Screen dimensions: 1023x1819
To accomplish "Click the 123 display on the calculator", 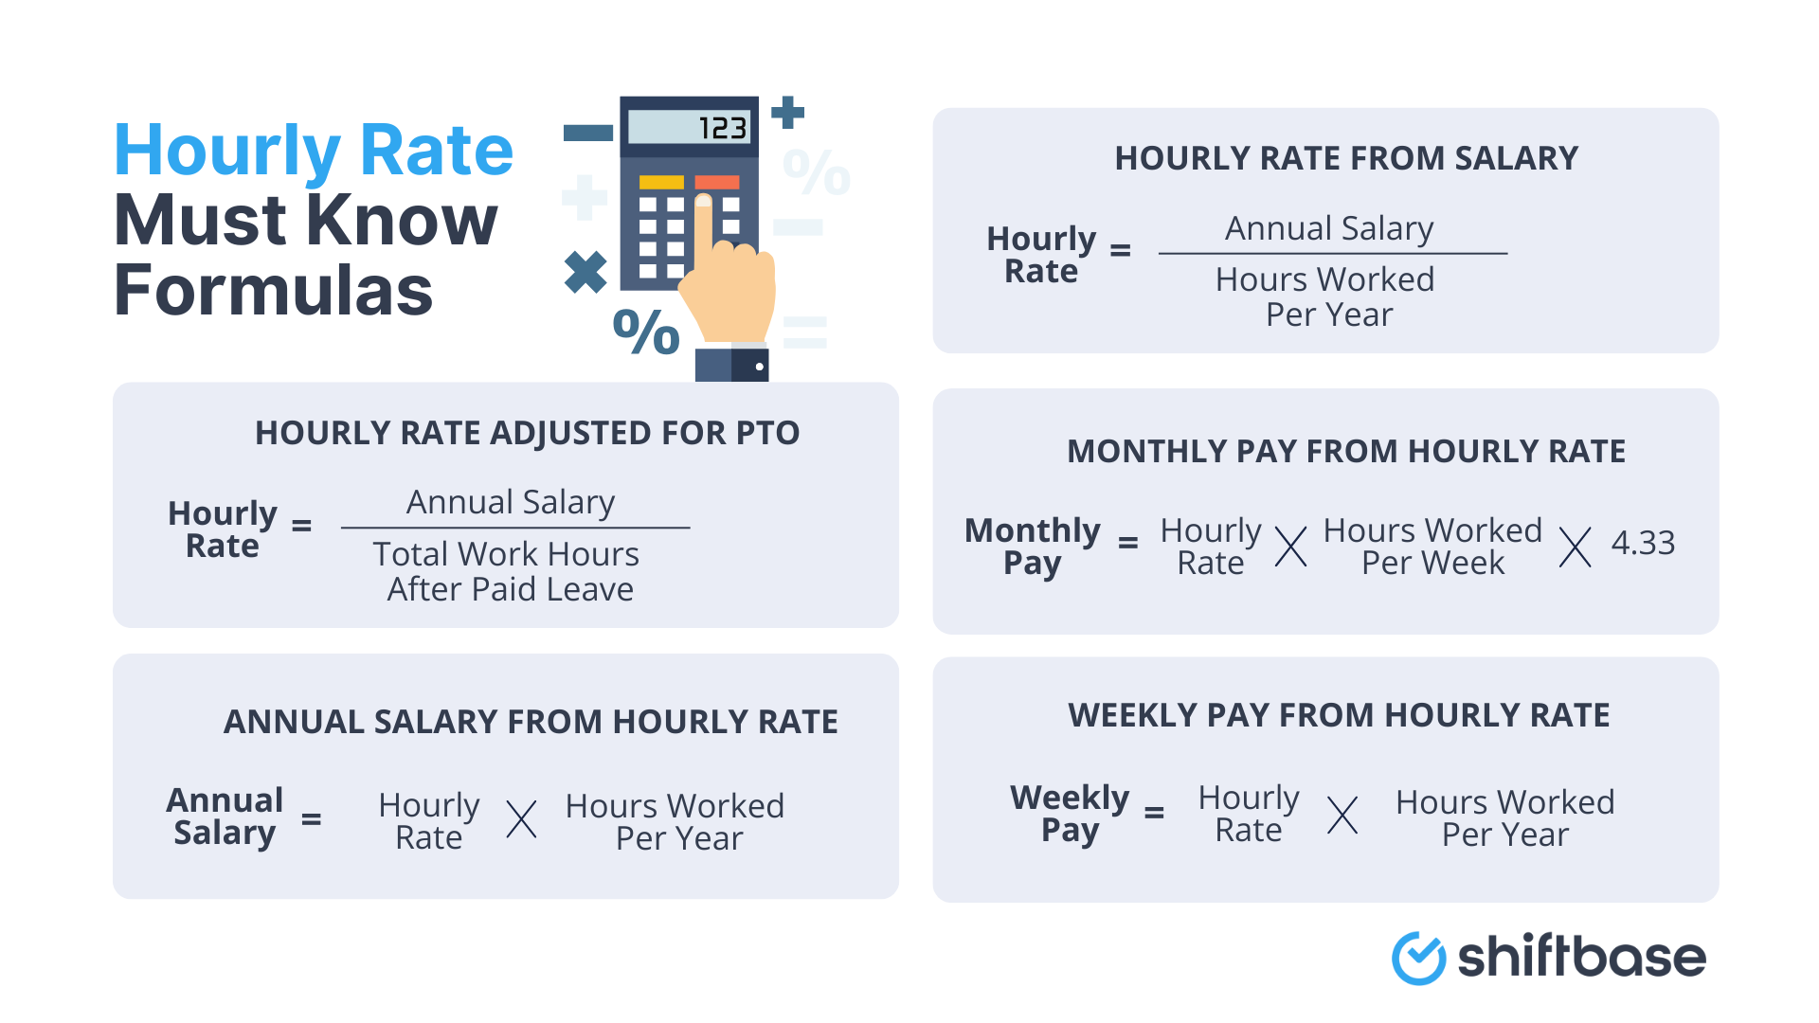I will [x=689, y=128].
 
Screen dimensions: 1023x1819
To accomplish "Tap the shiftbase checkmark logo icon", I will [x=1418, y=958].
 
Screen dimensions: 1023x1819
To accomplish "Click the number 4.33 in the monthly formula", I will [x=1643, y=543].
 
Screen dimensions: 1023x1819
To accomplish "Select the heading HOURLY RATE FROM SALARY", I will [x=1346, y=158].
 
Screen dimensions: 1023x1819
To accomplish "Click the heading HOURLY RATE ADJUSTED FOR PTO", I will [x=527, y=433].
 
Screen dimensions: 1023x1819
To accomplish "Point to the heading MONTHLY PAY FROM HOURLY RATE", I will [x=1346, y=451].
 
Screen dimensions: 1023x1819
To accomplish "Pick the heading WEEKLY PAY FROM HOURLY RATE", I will [x=1339, y=715].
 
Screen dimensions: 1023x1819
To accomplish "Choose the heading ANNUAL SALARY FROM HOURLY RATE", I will [x=531, y=722].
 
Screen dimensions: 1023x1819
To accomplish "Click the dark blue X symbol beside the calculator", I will [x=585, y=272].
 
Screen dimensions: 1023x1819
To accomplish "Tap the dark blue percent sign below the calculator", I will [x=646, y=332].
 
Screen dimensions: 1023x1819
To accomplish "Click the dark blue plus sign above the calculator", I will [x=787, y=113].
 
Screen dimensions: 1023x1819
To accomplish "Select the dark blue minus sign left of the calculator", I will [x=588, y=134].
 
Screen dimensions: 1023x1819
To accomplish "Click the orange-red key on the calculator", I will [x=717, y=182].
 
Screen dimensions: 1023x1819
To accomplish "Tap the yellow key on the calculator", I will [x=661, y=182].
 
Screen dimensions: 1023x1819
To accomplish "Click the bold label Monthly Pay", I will [x=1033, y=547].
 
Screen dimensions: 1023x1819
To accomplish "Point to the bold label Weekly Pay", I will [x=1070, y=814].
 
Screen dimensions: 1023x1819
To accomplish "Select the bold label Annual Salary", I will [x=225, y=817].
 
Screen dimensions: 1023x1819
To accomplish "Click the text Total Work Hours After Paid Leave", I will [x=509, y=571].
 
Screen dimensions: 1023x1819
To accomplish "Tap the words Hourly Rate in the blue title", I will [x=314, y=151].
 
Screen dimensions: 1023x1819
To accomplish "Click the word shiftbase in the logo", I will [x=1581, y=957].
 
